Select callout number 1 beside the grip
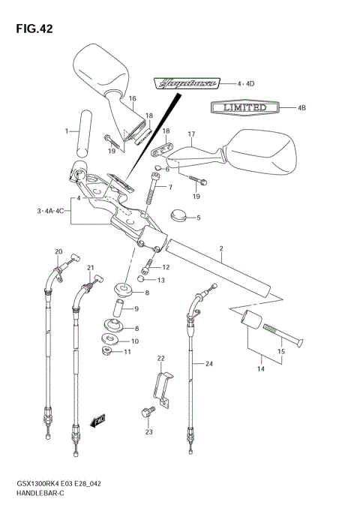click(x=66, y=131)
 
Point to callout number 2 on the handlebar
click(x=221, y=248)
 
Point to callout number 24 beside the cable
click(x=209, y=363)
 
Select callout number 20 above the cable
click(x=58, y=251)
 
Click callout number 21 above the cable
click(x=91, y=267)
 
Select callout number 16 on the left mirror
click(x=132, y=99)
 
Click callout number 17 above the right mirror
click(x=191, y=134)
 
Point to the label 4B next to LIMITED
click(x=301, y=108)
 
